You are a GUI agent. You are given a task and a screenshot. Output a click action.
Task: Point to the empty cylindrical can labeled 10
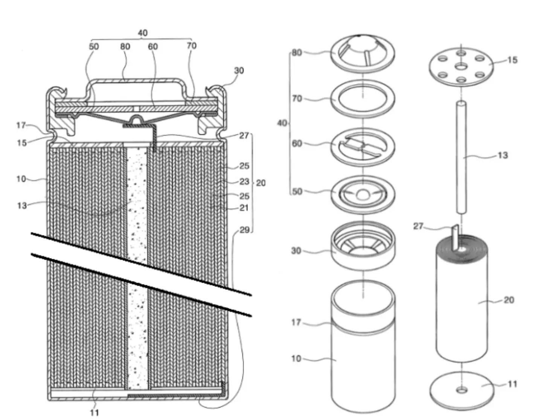(x=363, y=361)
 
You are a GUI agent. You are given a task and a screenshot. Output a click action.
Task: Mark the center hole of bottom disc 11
(x=462, y=390)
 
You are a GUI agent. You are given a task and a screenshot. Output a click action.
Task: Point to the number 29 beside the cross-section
(x=244, y=230)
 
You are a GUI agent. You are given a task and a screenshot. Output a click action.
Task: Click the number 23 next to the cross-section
(x=244, y=181)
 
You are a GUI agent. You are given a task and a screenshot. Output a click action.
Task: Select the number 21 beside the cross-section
(x=244, y=207)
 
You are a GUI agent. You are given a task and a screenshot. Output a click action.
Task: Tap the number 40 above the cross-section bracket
(x=142, y=33)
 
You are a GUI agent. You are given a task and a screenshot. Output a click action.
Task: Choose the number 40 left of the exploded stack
(x=282, y=123)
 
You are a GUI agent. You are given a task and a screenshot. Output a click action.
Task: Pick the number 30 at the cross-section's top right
(x=239, y=70)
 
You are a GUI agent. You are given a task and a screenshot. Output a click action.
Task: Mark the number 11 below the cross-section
(x=94, y=412)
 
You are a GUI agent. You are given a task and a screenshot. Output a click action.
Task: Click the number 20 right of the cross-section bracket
(x=261, y=183)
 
